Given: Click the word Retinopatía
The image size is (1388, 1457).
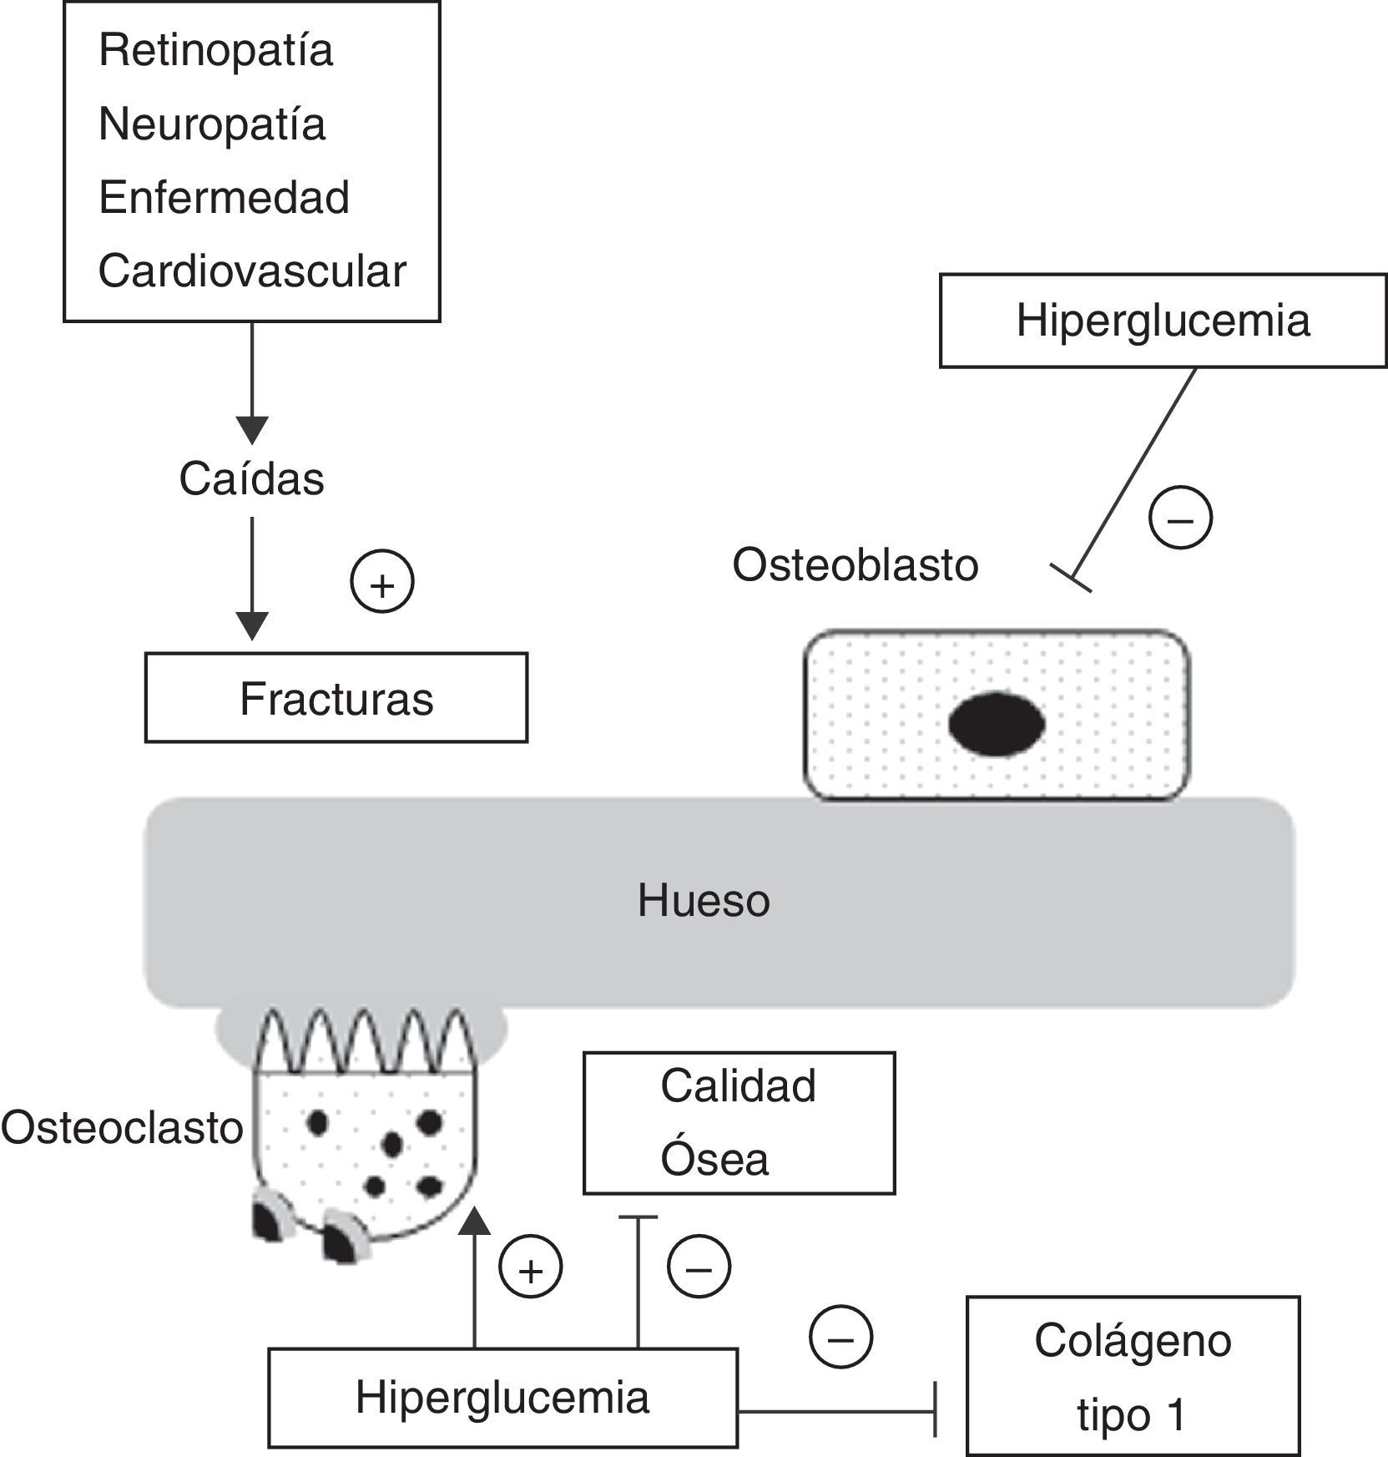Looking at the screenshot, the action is pos(215,51).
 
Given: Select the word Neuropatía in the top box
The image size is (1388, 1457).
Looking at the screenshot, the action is pos(212,124).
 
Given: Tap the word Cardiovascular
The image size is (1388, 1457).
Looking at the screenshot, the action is pos(252,271).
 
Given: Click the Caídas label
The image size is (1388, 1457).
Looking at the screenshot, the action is pos(251,479).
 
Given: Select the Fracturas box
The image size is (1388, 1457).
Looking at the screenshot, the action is pos(336,698).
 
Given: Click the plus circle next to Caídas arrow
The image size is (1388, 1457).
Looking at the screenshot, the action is pos(382,582).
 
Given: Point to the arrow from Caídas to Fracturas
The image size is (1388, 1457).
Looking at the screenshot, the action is pos(252,579).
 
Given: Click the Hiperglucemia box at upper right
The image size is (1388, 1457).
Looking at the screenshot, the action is pos(1163,321).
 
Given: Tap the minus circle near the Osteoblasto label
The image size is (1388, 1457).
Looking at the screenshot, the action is pos(1180,517).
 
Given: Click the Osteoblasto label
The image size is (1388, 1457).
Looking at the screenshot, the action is pos(856,565).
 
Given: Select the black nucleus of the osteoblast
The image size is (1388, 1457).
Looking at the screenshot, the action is pos(997,724).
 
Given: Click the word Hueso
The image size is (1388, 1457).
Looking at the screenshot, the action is pos(704,901).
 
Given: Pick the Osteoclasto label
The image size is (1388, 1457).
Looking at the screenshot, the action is pos(122,1128).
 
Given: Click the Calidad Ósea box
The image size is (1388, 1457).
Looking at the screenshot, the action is pos(739,1123).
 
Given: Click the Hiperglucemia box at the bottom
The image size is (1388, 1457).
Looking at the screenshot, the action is pos(502,1398).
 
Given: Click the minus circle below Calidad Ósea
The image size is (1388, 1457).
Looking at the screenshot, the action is pos(699,1268).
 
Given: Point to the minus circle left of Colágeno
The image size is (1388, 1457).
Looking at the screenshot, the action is pos(840,1338).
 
